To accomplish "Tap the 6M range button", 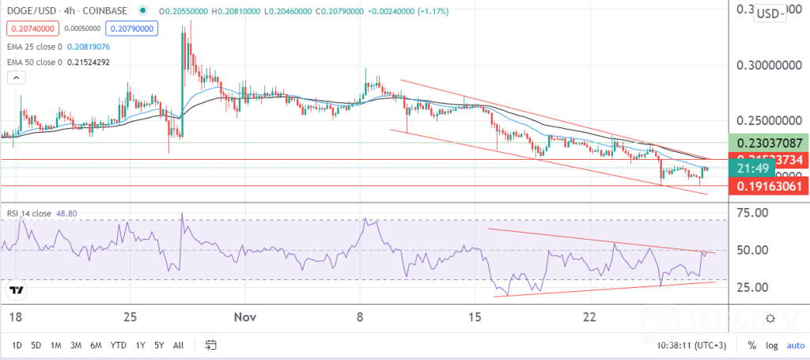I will (97, 345).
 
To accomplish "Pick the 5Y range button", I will (159, 345).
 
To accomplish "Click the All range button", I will (178, 345).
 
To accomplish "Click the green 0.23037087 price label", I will (770, 143).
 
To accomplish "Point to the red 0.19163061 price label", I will (770, 187).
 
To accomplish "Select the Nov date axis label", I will (245, 317).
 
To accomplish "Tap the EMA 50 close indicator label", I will (36, 62).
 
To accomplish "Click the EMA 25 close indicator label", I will (36, 47).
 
